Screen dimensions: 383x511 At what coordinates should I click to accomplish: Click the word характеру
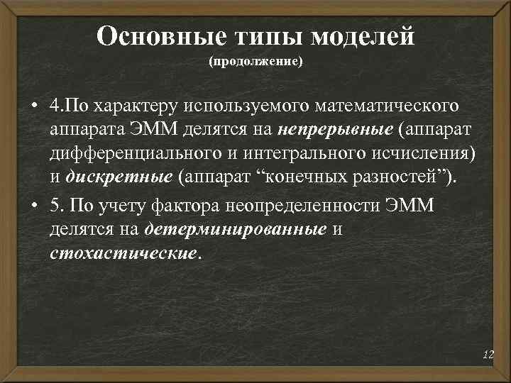[x=132, y=106]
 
